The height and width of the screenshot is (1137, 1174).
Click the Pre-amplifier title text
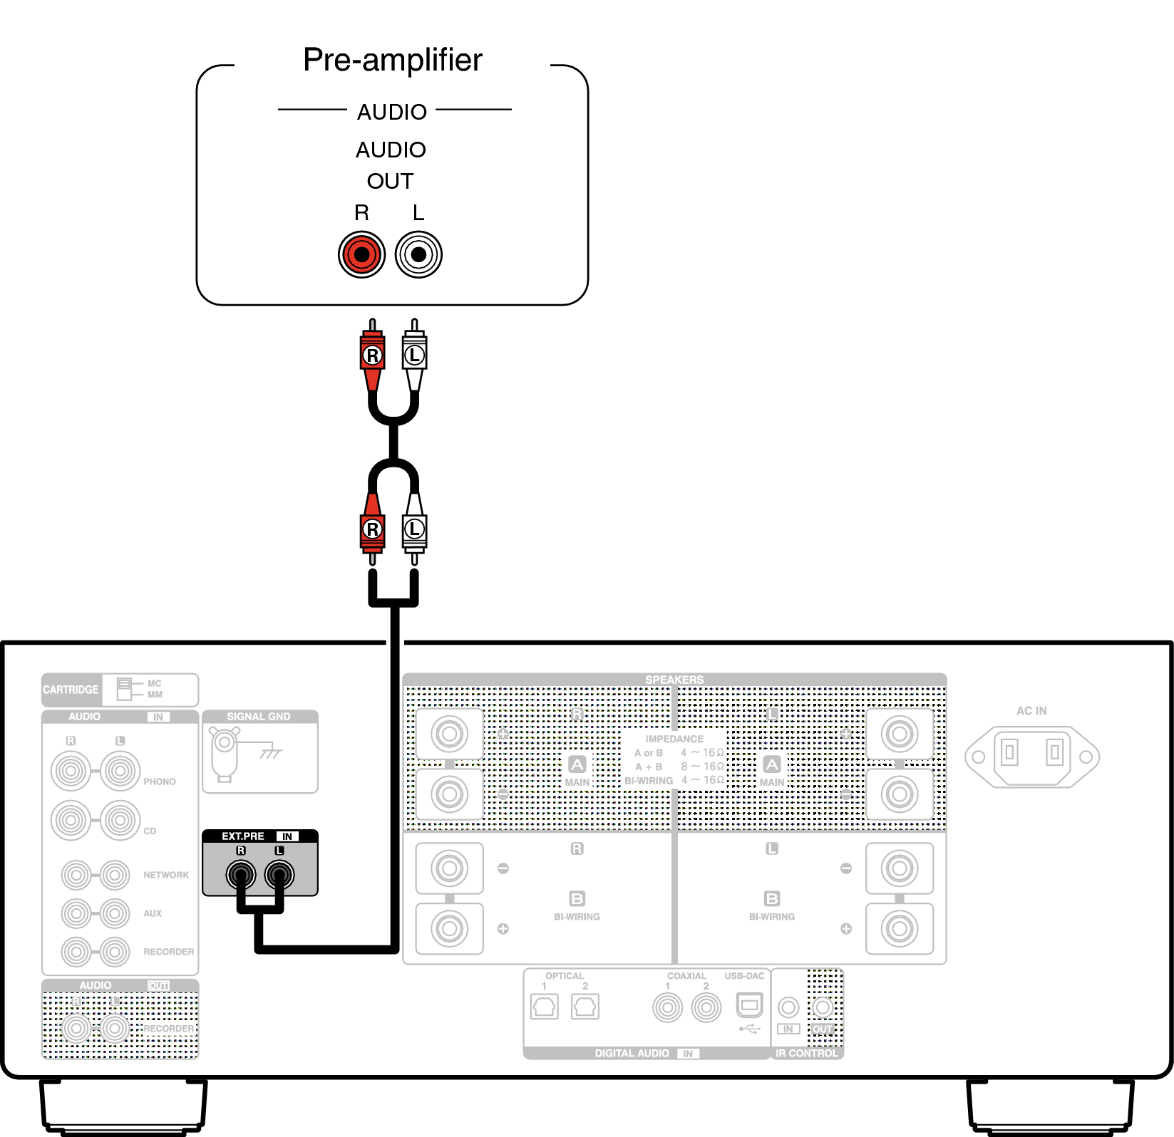[x=393, y=60]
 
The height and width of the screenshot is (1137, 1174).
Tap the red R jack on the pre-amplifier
[x=361, y=254]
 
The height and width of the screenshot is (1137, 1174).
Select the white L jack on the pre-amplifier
[x=418, y=254]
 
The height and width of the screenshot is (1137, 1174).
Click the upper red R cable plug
[x=372, y=354]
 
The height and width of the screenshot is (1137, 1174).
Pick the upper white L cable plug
[x=414, y=354]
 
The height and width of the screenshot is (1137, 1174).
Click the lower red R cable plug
[x=372, y=529]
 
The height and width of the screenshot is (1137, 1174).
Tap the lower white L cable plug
[x=414, y=529]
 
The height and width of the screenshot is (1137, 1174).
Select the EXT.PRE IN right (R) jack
[x=241, y=874]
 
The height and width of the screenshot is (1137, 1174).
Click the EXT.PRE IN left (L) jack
[x=279, y=874]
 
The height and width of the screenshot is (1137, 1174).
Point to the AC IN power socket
[x=1031, y=756]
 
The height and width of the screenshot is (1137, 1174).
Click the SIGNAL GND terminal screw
[x=224, y=742]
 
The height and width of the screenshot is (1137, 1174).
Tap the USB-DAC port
[x=749, y=1006]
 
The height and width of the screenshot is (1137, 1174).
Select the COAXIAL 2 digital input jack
[x=706, y=1008]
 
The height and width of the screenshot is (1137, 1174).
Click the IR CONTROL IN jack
[x=788, y=1007]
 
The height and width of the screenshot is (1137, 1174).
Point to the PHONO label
[x=159, y=782]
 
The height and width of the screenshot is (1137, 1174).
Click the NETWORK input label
[x=166, y=875]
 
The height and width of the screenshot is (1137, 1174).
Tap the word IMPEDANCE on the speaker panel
[x=674, y=739]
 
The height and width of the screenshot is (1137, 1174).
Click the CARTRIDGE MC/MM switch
[x=125, y=688]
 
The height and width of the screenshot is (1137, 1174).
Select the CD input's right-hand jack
[x=120, y=820]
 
